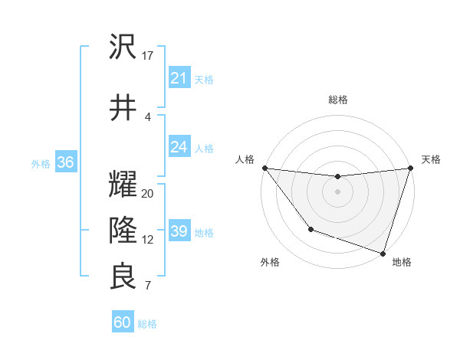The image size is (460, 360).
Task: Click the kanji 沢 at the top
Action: point(123,48)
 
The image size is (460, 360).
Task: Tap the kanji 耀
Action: point(123,185)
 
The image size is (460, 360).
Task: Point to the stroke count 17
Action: point(148,56)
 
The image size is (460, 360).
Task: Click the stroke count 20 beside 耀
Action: point(148,194)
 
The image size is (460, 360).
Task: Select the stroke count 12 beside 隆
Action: point(148,240)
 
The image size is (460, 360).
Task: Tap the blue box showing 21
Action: point(179,78)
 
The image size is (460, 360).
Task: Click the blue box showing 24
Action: point(179,146)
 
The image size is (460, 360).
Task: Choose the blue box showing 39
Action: point(179,231)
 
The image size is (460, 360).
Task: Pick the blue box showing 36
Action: point(65,162)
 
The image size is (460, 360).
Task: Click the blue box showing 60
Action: point(123,322)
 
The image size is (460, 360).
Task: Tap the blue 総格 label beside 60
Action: point(148,324)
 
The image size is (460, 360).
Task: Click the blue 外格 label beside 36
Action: point(41,163)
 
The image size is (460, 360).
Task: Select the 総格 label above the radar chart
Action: point(337,100)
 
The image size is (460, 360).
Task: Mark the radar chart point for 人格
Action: point(264,168)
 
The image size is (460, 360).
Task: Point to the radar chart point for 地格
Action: point(383,253)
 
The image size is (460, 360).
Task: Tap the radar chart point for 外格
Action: point(310,228)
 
